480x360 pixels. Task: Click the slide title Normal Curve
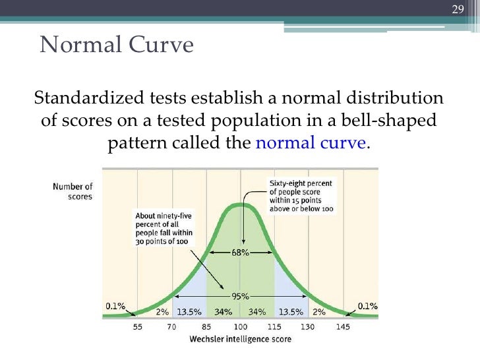(x=117, y=45)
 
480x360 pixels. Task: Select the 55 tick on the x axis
(x=137, y=327)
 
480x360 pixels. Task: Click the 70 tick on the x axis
(x=171, y=327)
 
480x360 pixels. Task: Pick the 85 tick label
(x=206, y=327)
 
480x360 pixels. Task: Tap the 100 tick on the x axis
(x=240, y=327)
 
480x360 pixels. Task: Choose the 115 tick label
(x=274, y=327)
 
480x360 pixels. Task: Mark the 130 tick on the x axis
(x=309, y=327)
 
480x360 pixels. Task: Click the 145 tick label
(x=343, y=327)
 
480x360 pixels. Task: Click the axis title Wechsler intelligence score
(x=240, y=340)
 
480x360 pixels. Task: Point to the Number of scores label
(x=73, y=192)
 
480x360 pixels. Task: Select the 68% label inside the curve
(x=240, y=254)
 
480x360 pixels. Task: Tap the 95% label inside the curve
(x=240, y=295)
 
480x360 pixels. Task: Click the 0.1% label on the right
(x=367, y=306)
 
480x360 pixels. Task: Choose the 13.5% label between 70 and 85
(x=189, y=311)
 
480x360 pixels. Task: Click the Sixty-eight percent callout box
(x=300, y=196)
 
